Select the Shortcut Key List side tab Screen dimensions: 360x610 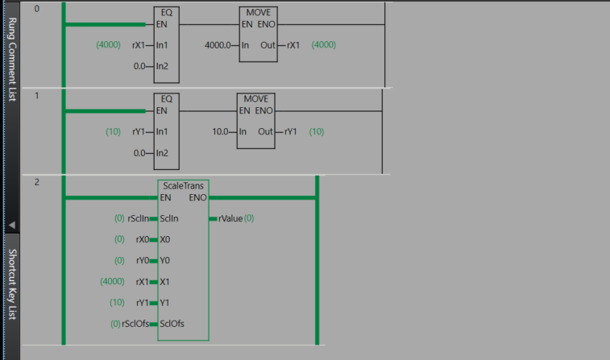click(x=11, y=283)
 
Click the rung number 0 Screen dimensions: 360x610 click(x=36, y=9)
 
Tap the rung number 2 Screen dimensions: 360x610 click(x=36, y=183)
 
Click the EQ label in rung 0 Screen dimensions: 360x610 click(x=166, y=13)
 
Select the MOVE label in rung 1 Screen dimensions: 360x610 click(x=255, y=99)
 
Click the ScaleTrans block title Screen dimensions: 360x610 click(x=183, y=186)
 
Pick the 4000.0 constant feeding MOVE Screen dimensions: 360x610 click(x=222, y=45)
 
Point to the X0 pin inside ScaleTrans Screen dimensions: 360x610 click(x=165, y=239)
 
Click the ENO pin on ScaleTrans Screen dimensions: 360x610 click(x=197, y=197)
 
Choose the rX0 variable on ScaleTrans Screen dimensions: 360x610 click(x=143, y=239)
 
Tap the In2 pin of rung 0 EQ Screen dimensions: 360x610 click(x=163, y=66)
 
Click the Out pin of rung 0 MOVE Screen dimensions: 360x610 click(x=268, y=45)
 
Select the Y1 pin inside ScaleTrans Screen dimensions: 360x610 click(x=165, y=303)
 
